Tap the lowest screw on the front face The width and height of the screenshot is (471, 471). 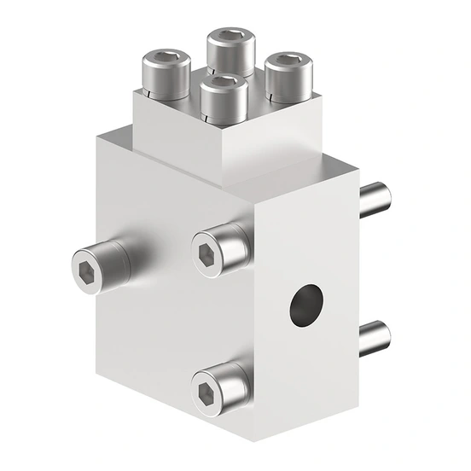click(x=221, y=389)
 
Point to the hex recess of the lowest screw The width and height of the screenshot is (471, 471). click(x=206, y=392)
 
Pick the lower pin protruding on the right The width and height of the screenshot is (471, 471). click(x=374, y=340)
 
